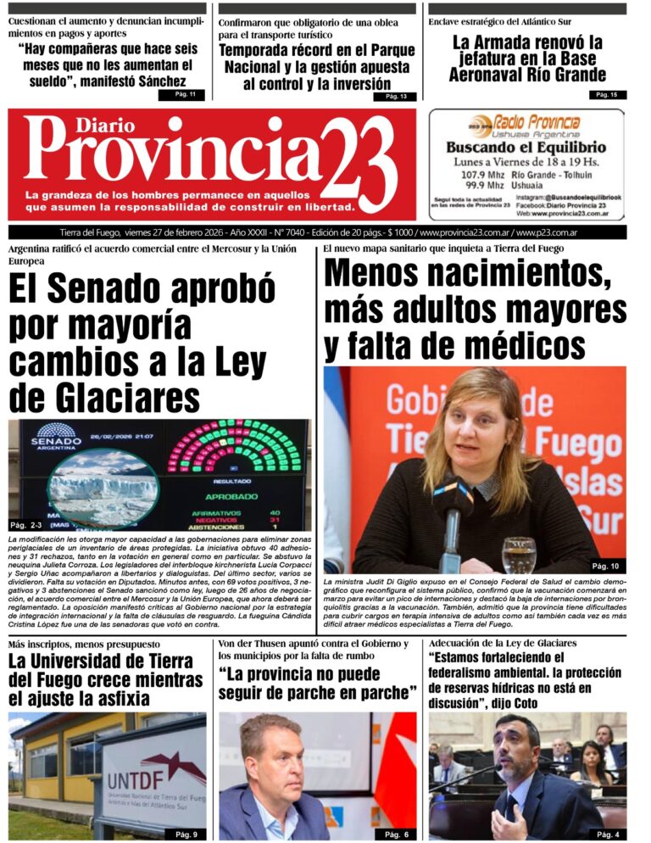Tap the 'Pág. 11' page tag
point(181,94)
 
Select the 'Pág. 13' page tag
point(395,97)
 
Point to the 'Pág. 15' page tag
point(607,94)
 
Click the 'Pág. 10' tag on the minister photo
point(604,566)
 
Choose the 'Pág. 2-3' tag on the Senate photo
point(31,525)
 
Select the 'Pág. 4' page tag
point(607,834)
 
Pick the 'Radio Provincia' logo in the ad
point(526,124)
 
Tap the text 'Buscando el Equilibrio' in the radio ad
point(526,148)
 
